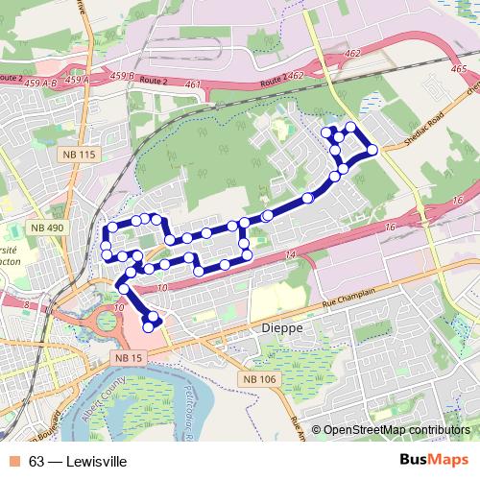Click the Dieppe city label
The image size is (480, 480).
pyautogui.click(x=282, y=328)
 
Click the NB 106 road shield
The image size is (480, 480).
pyautogui.click(x=259, y=380)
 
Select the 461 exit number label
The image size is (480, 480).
pyautogui.click(x=193, y=84)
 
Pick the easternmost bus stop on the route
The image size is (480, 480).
pyautogui.click(x=372, y=148)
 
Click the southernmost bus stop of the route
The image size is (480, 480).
pyautogui.click(x=149, y=327)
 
